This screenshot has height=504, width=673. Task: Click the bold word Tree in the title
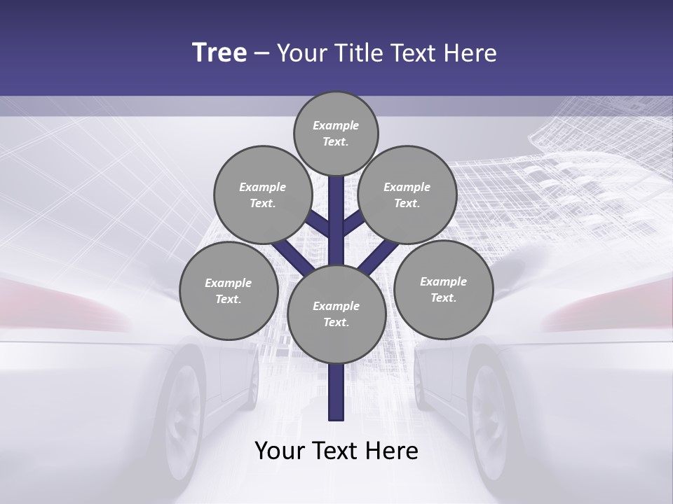(x=219, y=53)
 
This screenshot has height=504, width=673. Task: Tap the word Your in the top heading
(x=302, y=53)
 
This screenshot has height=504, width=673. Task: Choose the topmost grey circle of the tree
(x=336, y=133)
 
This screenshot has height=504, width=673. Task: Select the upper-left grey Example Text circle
(x=262, y=195)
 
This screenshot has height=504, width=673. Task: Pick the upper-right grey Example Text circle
(x=407, y=195)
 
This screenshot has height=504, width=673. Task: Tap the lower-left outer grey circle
(x=229, y=291)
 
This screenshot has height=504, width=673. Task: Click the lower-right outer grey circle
(x=443, y=289)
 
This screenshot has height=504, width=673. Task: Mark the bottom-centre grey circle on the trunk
(x=336, y=314)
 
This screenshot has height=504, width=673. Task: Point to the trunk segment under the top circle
(x=336, y=210)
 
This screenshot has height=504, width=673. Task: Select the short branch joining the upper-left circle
(x=317, y=223)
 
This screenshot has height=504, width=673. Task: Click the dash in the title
(x=261, y=53)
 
